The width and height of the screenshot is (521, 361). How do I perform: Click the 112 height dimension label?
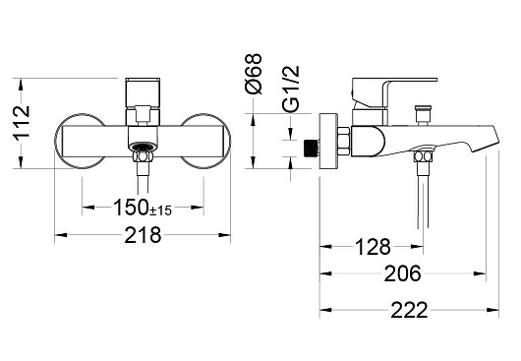[x=23, y=122]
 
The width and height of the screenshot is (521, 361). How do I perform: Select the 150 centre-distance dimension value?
[x=131, y=208]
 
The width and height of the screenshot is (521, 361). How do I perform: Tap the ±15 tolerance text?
[x=160, y=211]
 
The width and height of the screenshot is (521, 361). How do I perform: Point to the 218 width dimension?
[x=143, y=235]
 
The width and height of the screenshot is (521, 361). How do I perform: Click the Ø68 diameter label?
[x=254, y=74]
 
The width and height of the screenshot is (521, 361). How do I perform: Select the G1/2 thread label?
[x=291, y=89]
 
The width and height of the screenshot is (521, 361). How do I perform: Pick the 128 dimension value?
[x=373, y=247]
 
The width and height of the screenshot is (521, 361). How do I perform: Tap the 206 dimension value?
[x=402, y=273]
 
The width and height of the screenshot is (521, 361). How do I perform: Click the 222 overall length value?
[x=409, y=310]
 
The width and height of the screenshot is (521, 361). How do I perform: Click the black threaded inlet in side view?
[x=311, y=148]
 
